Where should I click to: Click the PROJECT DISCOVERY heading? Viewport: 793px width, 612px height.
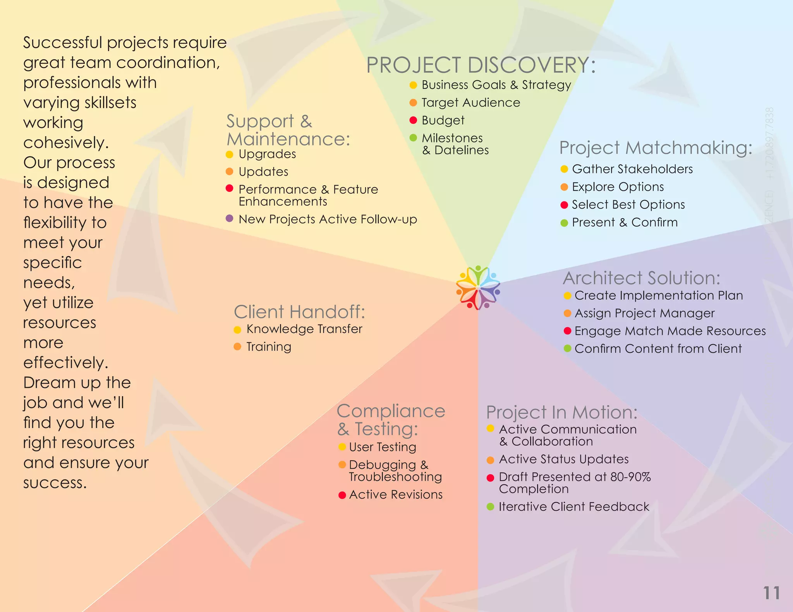[x=481, y=65]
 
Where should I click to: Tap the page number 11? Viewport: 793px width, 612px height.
[x=771, y=593]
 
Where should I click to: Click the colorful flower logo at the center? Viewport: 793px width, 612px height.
[x=478, y=287]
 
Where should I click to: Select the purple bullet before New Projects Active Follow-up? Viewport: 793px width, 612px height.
[x=229, y=219]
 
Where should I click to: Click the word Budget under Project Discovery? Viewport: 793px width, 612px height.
[x=443, y=120]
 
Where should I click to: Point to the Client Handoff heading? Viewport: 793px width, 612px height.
[x=299, y=311]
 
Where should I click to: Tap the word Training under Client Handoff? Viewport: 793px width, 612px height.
[x=269, y=347]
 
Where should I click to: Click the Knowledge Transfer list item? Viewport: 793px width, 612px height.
[x=304, y=329]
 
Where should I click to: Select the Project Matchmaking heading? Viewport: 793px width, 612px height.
[x=656, y=148]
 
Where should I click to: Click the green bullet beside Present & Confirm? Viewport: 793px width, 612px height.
[x=564, y=223]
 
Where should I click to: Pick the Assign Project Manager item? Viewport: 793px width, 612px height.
[x=644, y=313]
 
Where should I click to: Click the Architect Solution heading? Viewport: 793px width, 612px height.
[x=641, y=278]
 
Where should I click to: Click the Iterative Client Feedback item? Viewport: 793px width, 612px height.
[x=573, y=506]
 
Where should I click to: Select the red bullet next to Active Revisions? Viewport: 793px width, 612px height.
[x=342, y=495]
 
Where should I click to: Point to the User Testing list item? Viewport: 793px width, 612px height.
[x=382, y=447]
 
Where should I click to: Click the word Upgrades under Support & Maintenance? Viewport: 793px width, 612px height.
[x=267, y=154]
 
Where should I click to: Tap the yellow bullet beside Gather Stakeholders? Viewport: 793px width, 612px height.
[x=564, y=169]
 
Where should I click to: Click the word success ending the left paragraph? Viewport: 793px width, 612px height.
[x=55, y=483]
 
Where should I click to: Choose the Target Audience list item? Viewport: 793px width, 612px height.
[x=470, y=103]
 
